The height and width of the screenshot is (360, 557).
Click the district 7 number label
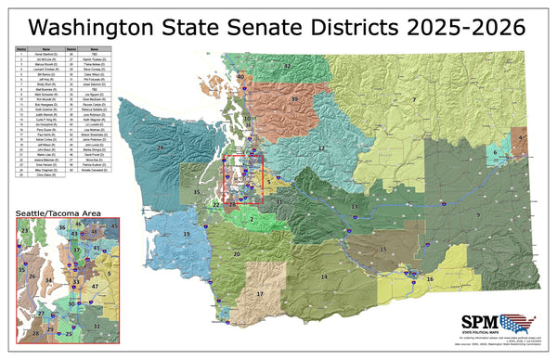[x=414, y=98]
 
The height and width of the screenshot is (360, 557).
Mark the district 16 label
[x=429, y=278]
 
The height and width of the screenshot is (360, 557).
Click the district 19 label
[x=186, y=235]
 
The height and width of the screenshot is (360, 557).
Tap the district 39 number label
[x=294, y=98]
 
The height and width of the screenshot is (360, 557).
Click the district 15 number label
[x=382, y=250]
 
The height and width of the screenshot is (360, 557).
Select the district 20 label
[x=237, y=253]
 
